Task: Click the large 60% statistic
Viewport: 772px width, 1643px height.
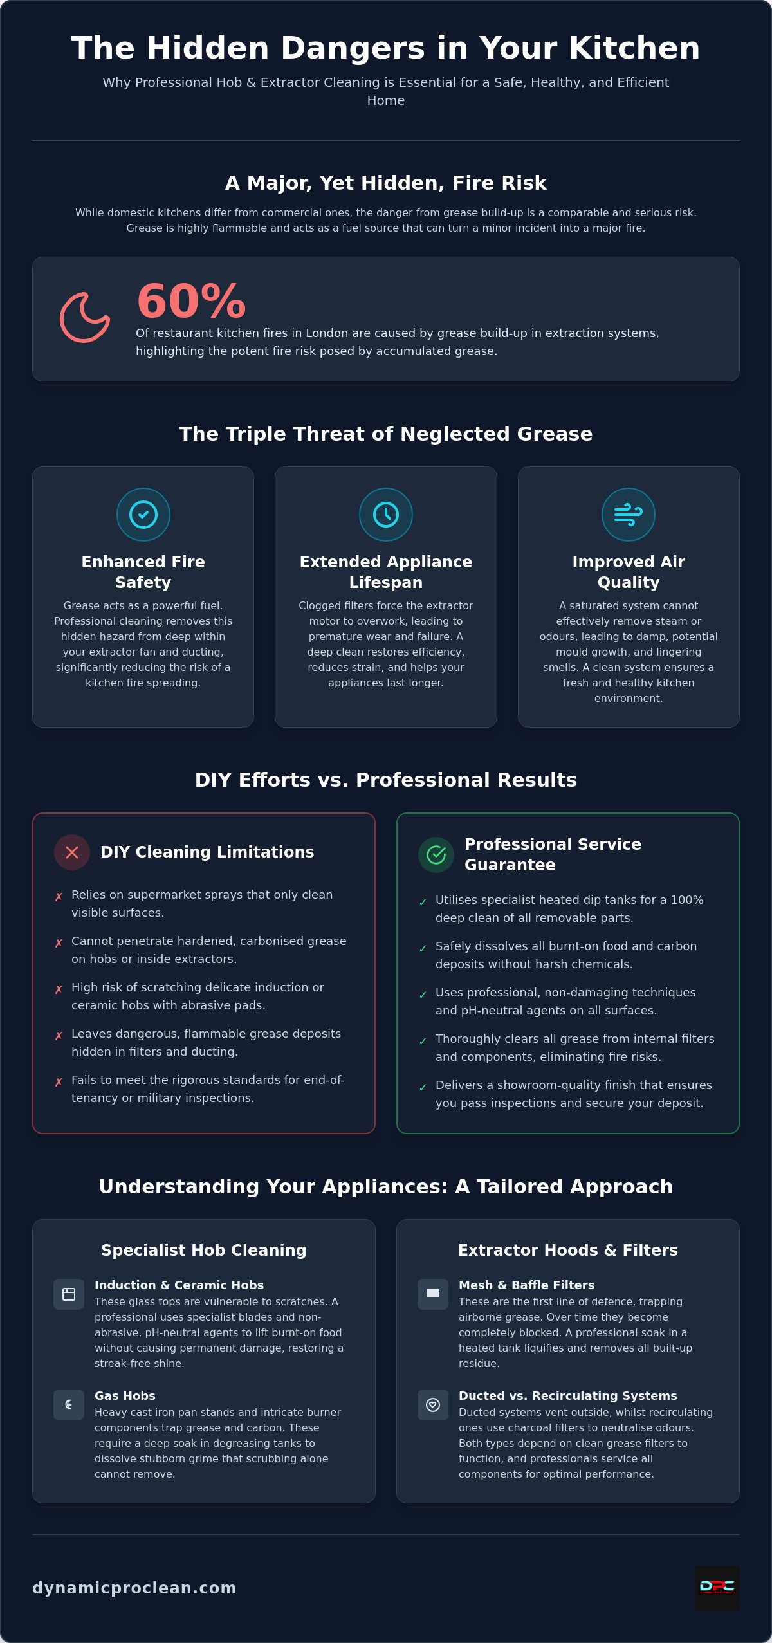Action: click(191, 301)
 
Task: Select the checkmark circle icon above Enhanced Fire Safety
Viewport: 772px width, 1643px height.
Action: click(143, 515)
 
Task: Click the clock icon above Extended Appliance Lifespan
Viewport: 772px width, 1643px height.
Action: click(386, 515)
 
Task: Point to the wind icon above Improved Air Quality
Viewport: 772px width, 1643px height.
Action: click(629, 515)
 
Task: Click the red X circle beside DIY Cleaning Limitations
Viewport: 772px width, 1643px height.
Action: click(72, 852)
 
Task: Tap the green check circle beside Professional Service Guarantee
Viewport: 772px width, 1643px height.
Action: click(436, 855)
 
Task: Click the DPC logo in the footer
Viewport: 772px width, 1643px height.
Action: click(717, 1588)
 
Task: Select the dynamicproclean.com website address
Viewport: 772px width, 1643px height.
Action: click(134, 1588)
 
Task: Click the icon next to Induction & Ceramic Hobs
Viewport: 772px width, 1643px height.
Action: click(69, 1294)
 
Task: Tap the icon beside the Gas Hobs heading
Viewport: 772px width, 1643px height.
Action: click(69, 1405)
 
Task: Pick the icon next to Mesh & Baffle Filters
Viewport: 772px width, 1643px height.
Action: click(433, 1294)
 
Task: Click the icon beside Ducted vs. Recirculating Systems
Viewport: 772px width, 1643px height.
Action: click(433, 1405)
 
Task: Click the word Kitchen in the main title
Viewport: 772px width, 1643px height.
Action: click(634, 48)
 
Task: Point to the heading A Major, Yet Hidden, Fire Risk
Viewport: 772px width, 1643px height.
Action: click(386, 183)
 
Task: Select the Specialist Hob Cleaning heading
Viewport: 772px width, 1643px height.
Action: click(204, 1250)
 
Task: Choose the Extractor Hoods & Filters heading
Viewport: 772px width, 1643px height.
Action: click(568, 1250)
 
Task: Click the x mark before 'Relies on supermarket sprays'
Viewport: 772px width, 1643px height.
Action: click(59, 897)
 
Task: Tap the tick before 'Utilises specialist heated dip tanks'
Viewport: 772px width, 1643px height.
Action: click(423, 902)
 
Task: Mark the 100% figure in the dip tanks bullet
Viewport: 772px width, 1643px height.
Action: click(687, 900)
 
